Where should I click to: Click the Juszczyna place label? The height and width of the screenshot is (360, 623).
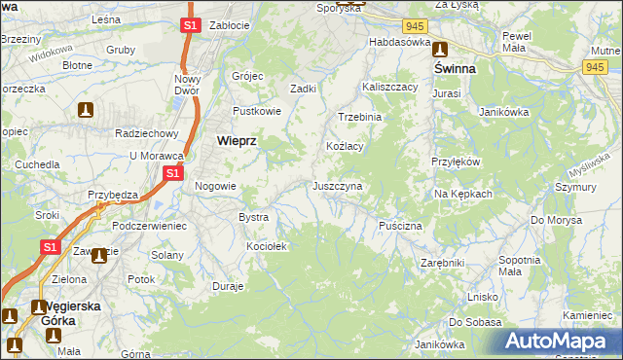(x=337, y=186)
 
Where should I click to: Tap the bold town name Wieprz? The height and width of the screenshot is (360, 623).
(x=235, y=140)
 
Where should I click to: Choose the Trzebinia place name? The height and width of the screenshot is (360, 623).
(x=360, y=117)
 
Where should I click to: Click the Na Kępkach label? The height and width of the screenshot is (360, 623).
(x=463, y=194)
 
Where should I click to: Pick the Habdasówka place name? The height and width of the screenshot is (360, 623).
(x=399, y=43)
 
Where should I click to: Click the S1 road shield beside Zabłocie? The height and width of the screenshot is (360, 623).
(x=191, y=25)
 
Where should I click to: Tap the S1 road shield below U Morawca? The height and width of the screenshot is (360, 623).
(x=171, y=173)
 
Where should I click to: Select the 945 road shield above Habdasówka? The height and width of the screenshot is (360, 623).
(x=416, y=25)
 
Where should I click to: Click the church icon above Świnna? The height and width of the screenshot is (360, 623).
(x=439, y=50)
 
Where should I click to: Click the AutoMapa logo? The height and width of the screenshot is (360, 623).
(x=560, y=341)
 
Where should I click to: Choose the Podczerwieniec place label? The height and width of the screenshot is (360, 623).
(x=149, y=225)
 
